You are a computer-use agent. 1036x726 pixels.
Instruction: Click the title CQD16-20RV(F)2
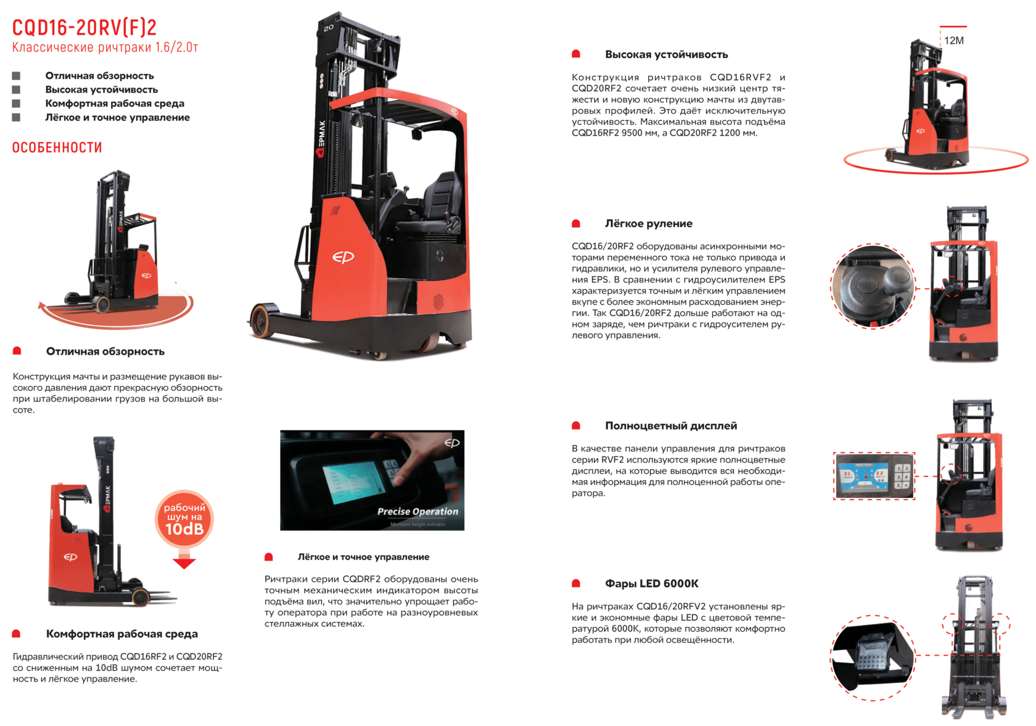pyautogui.click(x=84, y=28)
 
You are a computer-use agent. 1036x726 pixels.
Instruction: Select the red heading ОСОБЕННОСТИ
pyautogui.click(x=57, y=147)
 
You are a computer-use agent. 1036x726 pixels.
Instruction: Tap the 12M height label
pyautogui.click(x=953, y=41)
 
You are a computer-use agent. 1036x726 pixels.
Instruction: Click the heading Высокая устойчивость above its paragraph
pyautogui.click(x=666, y=55)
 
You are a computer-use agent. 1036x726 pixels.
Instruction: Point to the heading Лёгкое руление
pyautogui.click(x=649, y=223)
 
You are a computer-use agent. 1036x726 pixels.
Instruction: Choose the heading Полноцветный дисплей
pyautogui.click(x=671, y=426)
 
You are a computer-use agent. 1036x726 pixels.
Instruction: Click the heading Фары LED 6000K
pyautogui.click(x=652, y=584)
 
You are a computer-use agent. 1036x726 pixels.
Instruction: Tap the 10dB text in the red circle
pyautogui.click(x=184, y=529)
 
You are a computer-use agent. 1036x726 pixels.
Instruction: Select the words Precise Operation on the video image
pyautogui.click(x=417, y=511)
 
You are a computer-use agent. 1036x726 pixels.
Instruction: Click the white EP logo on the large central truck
pyautogui.click(x=343, y=257)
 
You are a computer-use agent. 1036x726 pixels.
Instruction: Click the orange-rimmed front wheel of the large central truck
pyautogui.click(x=262, y=320)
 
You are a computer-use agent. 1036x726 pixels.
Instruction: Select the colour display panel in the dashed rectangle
pyautogui.click(x=874, y=476)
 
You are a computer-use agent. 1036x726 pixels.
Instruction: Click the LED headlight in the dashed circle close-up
pyautogui.click(x=873, y=656)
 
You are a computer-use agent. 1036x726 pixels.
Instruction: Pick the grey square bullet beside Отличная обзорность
pyautogui.click(x=16, y=76)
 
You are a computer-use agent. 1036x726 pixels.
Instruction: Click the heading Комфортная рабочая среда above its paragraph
pyautogui.click(x=121, y=634)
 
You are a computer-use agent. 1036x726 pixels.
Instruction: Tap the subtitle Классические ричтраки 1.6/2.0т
pyautogui.click(x=105, y=47)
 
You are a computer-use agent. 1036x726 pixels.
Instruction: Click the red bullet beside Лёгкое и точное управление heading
pyautogui.click(x=269, y=557)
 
